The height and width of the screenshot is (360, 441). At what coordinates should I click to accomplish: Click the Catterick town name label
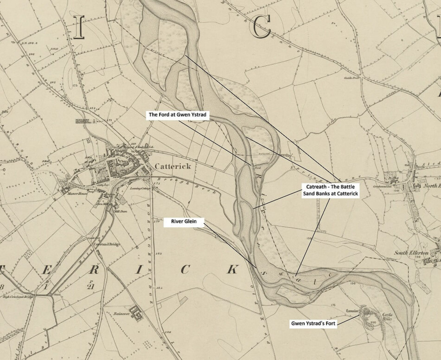(x=173, y=166)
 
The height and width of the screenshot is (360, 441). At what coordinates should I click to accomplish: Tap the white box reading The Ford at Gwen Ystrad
(x=178, y=115)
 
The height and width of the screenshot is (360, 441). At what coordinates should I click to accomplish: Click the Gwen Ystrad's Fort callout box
(x=313, y=324)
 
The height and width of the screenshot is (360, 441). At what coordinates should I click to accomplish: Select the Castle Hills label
(x=387, y=317)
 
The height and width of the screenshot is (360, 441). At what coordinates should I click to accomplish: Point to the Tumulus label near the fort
(x=352, y=311)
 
